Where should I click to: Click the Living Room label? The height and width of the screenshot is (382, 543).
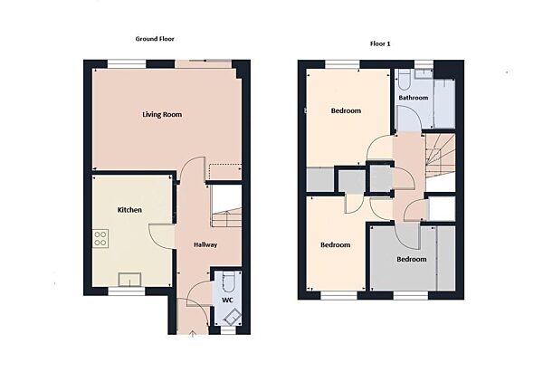click(162, 114)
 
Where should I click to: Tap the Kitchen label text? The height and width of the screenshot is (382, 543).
click(129, 210)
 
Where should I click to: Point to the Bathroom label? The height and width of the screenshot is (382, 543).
click(413, 97)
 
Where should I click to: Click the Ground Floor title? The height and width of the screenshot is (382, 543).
click(155, 40)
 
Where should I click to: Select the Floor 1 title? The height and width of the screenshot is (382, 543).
click(379, 43)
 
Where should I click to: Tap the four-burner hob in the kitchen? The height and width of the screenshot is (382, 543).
click(101, 239)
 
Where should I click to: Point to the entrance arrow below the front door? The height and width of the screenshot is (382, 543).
click(193, 334)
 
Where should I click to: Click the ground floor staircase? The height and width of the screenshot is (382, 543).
click(226, 206)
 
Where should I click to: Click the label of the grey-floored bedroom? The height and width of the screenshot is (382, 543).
click(411, 260)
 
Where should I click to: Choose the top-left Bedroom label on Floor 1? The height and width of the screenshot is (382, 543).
click(346, 111)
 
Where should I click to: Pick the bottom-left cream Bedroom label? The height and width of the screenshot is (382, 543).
click(335, 245)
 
